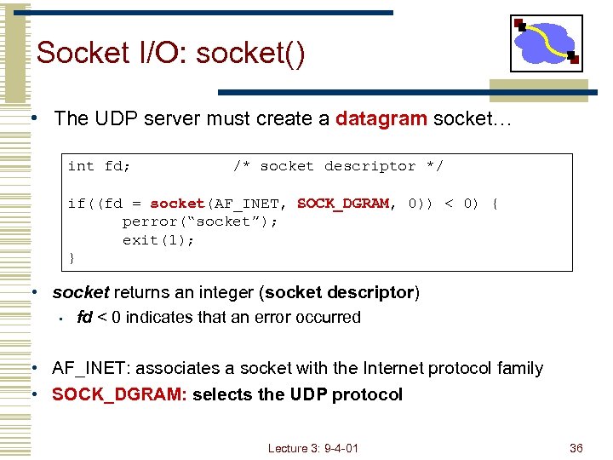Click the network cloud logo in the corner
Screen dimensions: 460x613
[546, 43]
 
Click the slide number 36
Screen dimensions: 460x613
[576, 448]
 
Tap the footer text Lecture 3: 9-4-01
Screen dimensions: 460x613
[312, 448]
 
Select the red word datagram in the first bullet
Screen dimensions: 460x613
[381, 118]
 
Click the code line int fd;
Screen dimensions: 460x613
[100, 166]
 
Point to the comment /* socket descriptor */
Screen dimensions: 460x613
[338, 166]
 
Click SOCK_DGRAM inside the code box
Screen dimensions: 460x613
[343, 204]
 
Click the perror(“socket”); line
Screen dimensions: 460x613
[200, 221]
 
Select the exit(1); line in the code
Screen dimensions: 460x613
[158, 239]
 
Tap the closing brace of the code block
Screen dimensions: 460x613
[72, 257]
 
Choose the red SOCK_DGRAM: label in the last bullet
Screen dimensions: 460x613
[119, 394]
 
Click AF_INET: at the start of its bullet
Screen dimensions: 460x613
[90, 368]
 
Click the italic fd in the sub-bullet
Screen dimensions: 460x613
[84, 317]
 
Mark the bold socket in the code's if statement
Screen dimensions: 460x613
[177, 204]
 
